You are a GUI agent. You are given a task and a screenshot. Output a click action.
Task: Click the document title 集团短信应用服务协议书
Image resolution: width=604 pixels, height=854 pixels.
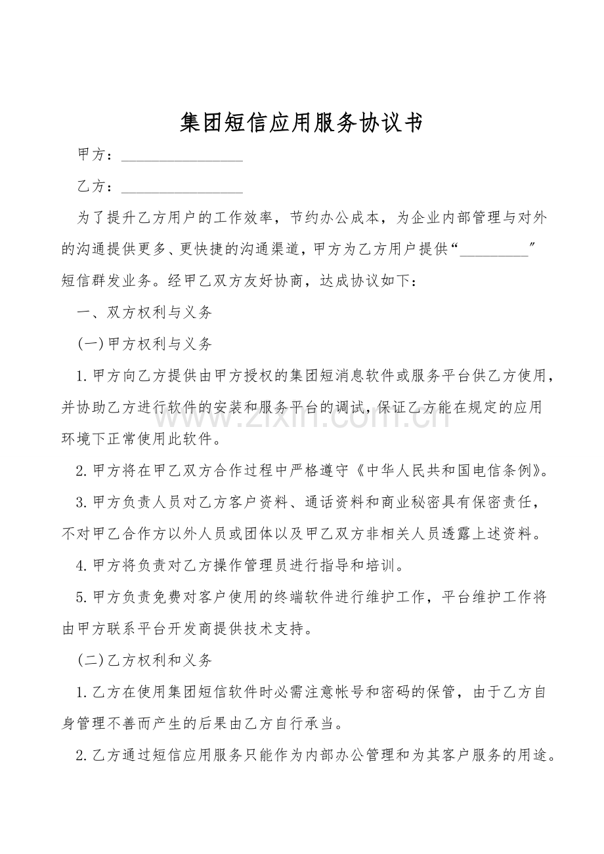(301, 123)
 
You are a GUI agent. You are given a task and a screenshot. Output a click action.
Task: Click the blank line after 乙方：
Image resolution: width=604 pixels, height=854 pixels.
(182, 188)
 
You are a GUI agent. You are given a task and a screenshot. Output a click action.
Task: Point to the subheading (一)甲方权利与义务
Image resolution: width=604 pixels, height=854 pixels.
(144, 344)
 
